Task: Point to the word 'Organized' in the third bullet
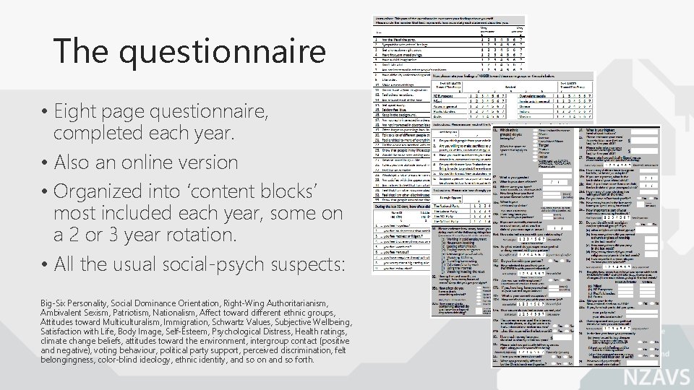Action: click(98, 191)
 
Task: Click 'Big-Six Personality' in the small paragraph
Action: click(75, 303)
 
